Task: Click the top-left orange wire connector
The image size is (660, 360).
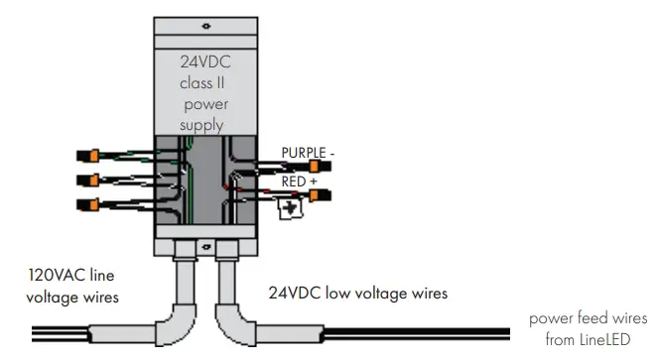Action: (86, 156)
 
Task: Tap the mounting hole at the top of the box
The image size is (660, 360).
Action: (204, 26)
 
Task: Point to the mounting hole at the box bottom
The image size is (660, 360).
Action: (204, 246)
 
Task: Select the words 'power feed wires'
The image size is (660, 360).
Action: (588, 318)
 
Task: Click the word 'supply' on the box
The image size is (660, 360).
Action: (199, 126)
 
